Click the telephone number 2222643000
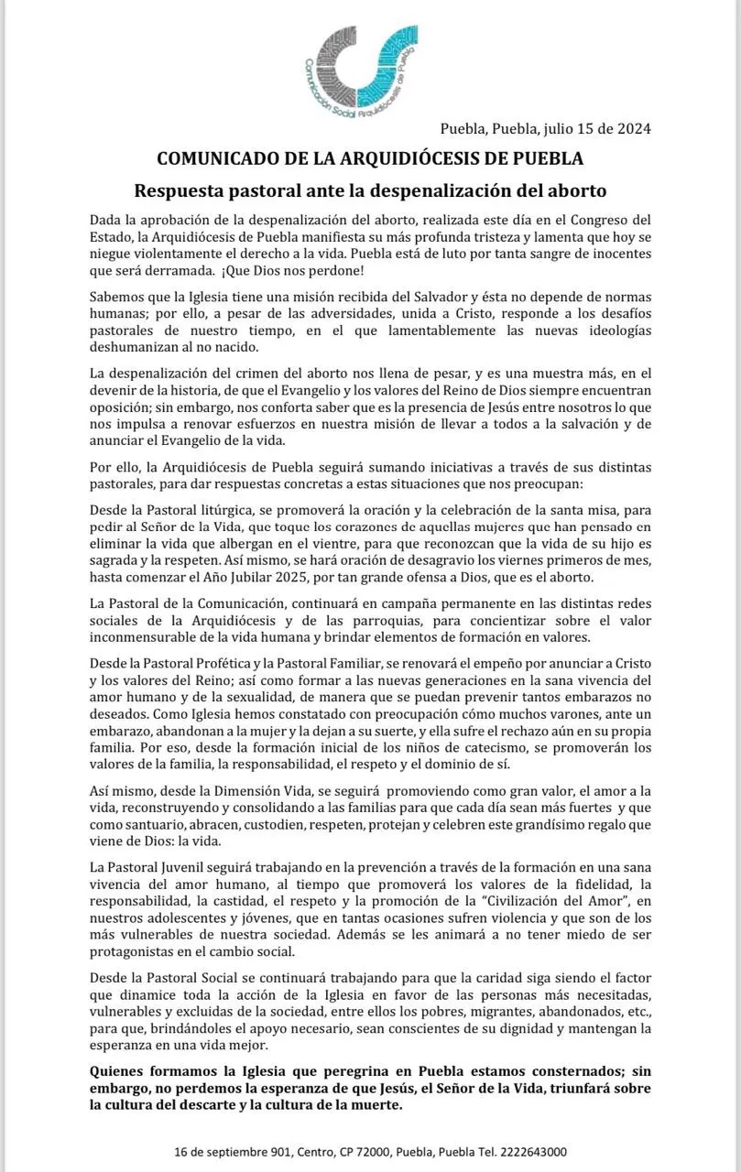tap(526, 1151)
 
